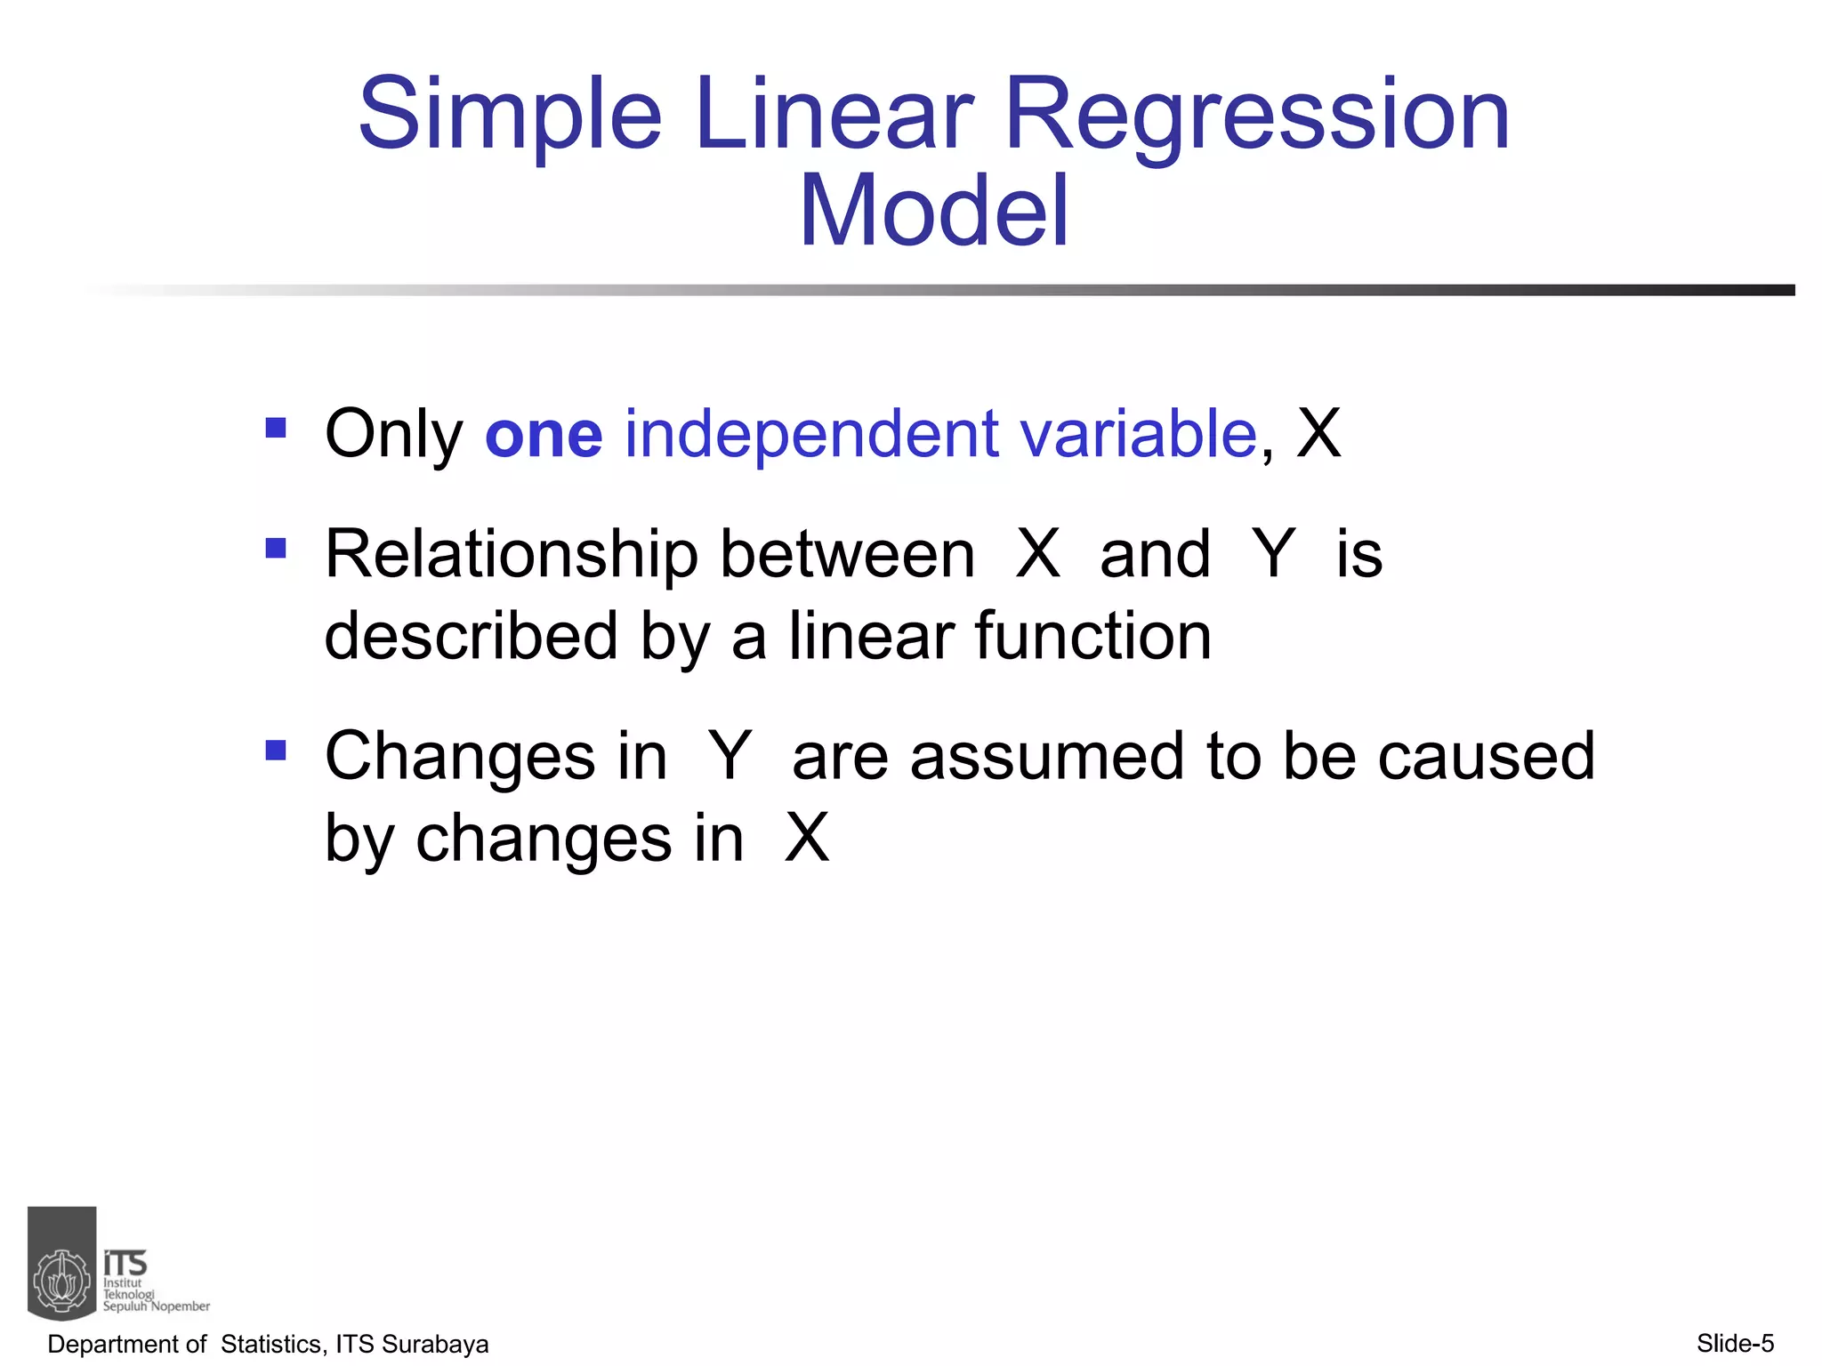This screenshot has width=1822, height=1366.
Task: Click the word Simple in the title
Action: tap(510, 116)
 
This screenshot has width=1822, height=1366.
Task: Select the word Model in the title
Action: tap(933, 212)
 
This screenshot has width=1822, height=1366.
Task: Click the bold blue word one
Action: tap(544, 435)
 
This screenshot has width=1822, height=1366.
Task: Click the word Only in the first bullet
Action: tap(393, 435)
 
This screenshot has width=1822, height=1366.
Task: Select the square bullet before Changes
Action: tap(276, 750)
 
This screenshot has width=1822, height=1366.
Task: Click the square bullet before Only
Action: tap(276, 429)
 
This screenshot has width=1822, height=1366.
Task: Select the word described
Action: tap(471, 637)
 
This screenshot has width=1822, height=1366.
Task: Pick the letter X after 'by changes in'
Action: tap(806, 838)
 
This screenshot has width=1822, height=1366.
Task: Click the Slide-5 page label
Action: tap(1735, 1343)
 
